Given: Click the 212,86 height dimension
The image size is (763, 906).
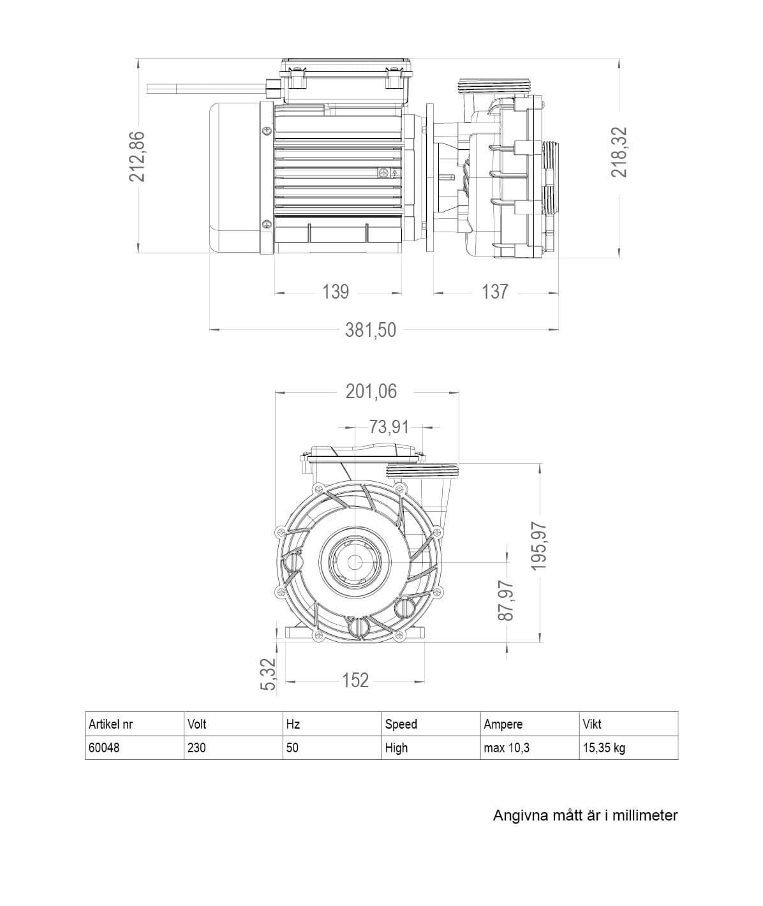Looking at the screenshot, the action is pos(137,156).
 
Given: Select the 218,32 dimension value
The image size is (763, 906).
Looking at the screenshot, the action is pos(619,152).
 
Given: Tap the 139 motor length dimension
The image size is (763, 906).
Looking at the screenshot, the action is pos(336,292).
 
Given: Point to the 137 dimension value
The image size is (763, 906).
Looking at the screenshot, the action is pos(495,292).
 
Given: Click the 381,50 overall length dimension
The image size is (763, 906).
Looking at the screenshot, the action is pos(371,330).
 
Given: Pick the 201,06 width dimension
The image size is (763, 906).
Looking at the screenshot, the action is pos(371,391).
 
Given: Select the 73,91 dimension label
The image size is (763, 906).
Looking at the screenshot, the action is pos(389,427).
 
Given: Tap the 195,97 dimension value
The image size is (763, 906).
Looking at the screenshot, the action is pos(539,546).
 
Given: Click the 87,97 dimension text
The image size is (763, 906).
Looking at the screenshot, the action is pos(506,600).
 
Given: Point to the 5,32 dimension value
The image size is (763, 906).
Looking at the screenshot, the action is pos(268,674).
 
